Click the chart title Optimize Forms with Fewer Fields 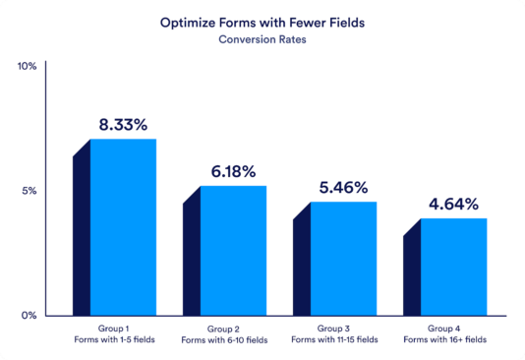click(262, 20)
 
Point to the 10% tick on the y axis click(27, 66)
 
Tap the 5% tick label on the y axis click(29, 191)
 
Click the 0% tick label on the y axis click(29, 315)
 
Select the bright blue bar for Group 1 click(123, 226)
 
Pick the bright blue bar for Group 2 click(233, 250)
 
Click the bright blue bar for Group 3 click(343, 258)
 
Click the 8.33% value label click(123, 125)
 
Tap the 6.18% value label click(233, 172)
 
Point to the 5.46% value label click(343, 187)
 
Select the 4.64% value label click(453, 205)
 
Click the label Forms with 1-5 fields click(115, 339)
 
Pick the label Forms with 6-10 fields click(225, 339)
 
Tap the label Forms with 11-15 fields click(335, 339)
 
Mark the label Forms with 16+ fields click(445, 339)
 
